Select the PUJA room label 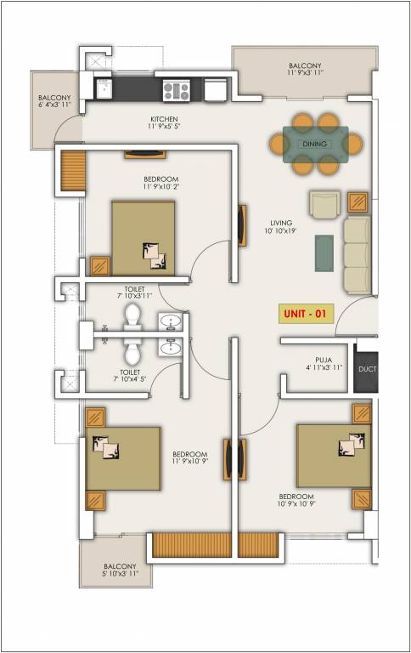tap(324, 364)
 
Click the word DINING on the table tap(315, 145)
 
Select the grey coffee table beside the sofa tap(324, 253)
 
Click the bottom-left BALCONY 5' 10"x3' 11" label tap(115, 570)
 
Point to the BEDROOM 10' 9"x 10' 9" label tap(296, 500)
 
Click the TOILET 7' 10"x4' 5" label tap(130, 377)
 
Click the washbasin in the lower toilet tap(171, 348)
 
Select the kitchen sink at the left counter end tap(106, 88)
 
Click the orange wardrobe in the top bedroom tap(74, 170)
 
